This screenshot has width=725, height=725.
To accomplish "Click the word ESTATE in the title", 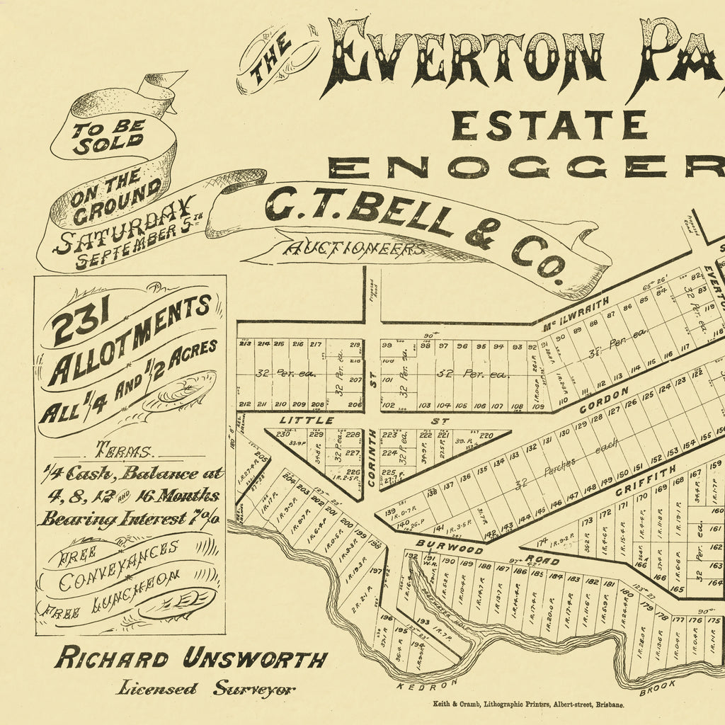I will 549,125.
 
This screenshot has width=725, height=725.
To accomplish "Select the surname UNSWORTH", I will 255,659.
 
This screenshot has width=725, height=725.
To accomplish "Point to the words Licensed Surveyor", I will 205,687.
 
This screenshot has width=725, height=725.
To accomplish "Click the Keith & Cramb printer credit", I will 528,705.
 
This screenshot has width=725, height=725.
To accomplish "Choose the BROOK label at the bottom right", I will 657,686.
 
